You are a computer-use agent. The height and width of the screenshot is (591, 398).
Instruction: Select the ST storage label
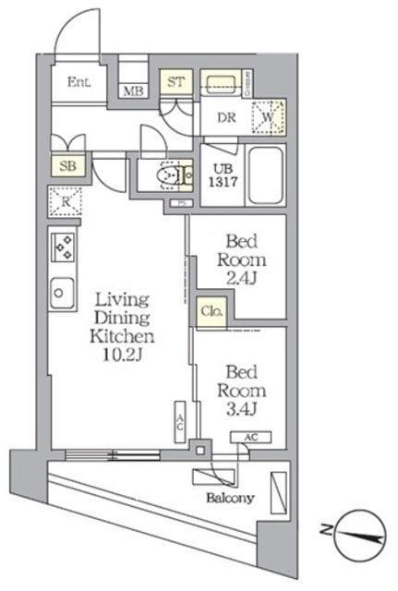(x=176, y=82)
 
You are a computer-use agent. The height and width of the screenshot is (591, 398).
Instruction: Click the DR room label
(x=225, y=117)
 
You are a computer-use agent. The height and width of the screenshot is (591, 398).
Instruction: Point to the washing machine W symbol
(x=269, y=116)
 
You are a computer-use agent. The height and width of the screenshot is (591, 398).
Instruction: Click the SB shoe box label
(x=66, y=166)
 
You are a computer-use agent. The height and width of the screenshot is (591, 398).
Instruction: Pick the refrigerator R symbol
(x=66, y=199)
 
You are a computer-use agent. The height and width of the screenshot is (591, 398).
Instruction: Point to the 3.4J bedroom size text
(x=241, y=407)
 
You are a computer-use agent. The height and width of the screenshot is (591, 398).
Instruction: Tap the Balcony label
(x=232, y=499)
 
